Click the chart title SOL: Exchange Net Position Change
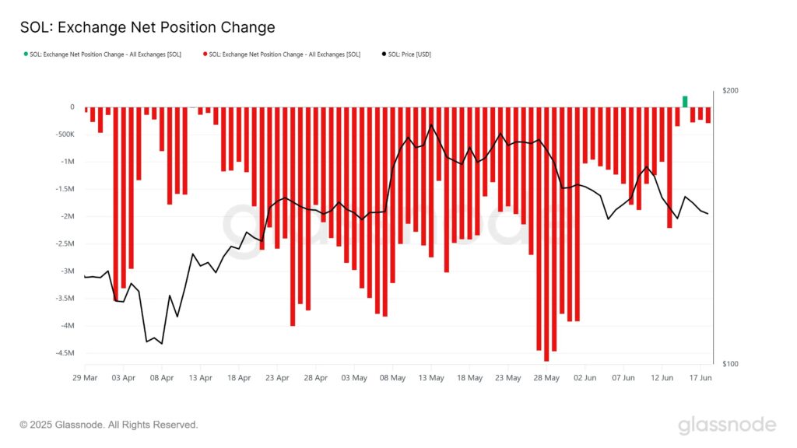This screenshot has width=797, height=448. (147, 27)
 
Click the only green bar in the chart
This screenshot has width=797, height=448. (685, 101)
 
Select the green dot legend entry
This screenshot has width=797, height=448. (101, 54)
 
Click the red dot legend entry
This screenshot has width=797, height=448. (281, 54)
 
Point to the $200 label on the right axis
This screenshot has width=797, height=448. (730, 91)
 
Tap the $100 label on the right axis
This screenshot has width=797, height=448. (730, 364)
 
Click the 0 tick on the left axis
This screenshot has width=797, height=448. (72, 107)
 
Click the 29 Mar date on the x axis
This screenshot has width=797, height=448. (85, 379)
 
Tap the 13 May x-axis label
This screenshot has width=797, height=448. (431, 379)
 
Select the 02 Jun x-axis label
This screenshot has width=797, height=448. (585, 379)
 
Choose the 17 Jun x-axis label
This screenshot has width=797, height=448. (700, 379)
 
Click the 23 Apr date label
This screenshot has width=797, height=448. (277, 379)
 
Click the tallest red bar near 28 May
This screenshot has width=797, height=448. (546, 233)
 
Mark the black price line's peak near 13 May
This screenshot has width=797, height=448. (431, 124)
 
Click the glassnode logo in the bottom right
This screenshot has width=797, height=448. (726, 425)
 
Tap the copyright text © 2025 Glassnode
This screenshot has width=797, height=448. (109, 425)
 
